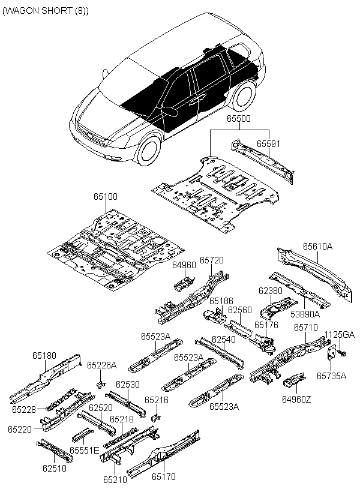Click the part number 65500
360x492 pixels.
(x=238, y=119)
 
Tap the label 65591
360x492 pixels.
(x=268, y=145)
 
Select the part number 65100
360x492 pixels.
(x=105, y=196)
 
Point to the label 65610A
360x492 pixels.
(x=317, y=246)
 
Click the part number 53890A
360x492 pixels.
(x=305, y=313)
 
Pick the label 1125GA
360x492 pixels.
(x=340, y=335)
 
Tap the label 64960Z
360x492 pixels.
(x=296, y=397)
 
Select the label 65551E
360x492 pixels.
(x=84, y=450)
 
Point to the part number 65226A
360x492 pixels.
(x=101, y=365)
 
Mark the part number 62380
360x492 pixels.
(x=270, y=290)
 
